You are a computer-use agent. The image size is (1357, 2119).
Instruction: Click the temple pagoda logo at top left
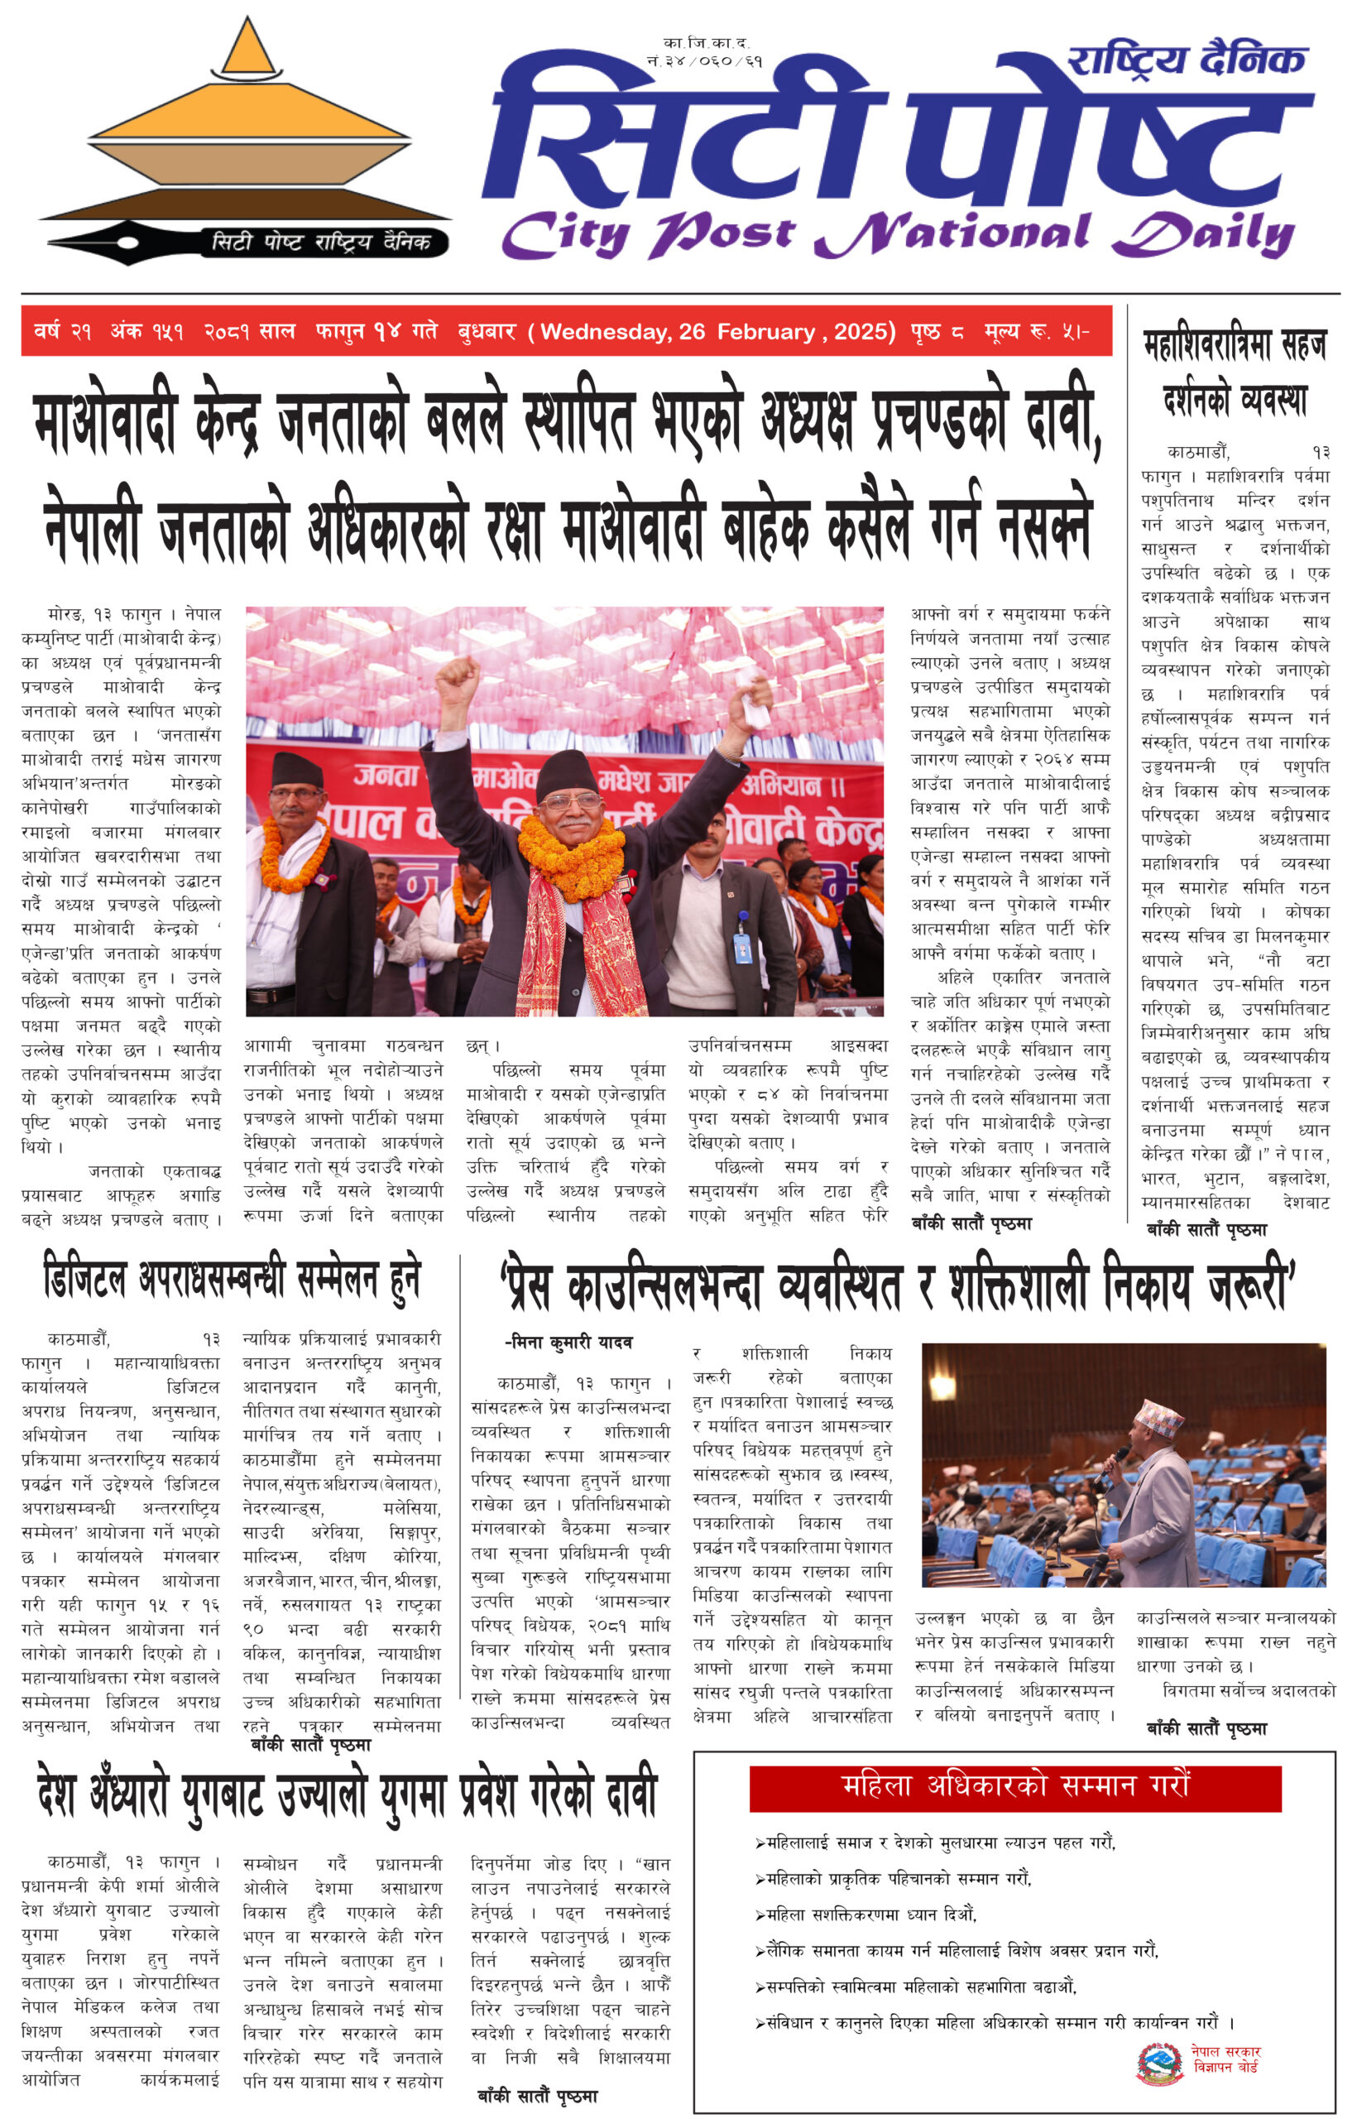247,123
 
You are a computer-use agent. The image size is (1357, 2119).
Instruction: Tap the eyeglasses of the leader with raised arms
567,803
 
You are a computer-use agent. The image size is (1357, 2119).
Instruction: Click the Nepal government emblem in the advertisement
1159,2064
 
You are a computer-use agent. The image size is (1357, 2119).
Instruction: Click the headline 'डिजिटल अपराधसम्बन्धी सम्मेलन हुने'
232,1280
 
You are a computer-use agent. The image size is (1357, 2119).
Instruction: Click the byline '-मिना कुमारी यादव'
568,1343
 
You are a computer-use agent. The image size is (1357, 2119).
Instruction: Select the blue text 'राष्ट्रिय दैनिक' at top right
1186,60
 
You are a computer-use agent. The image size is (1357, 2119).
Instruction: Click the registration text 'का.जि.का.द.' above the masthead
706,42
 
